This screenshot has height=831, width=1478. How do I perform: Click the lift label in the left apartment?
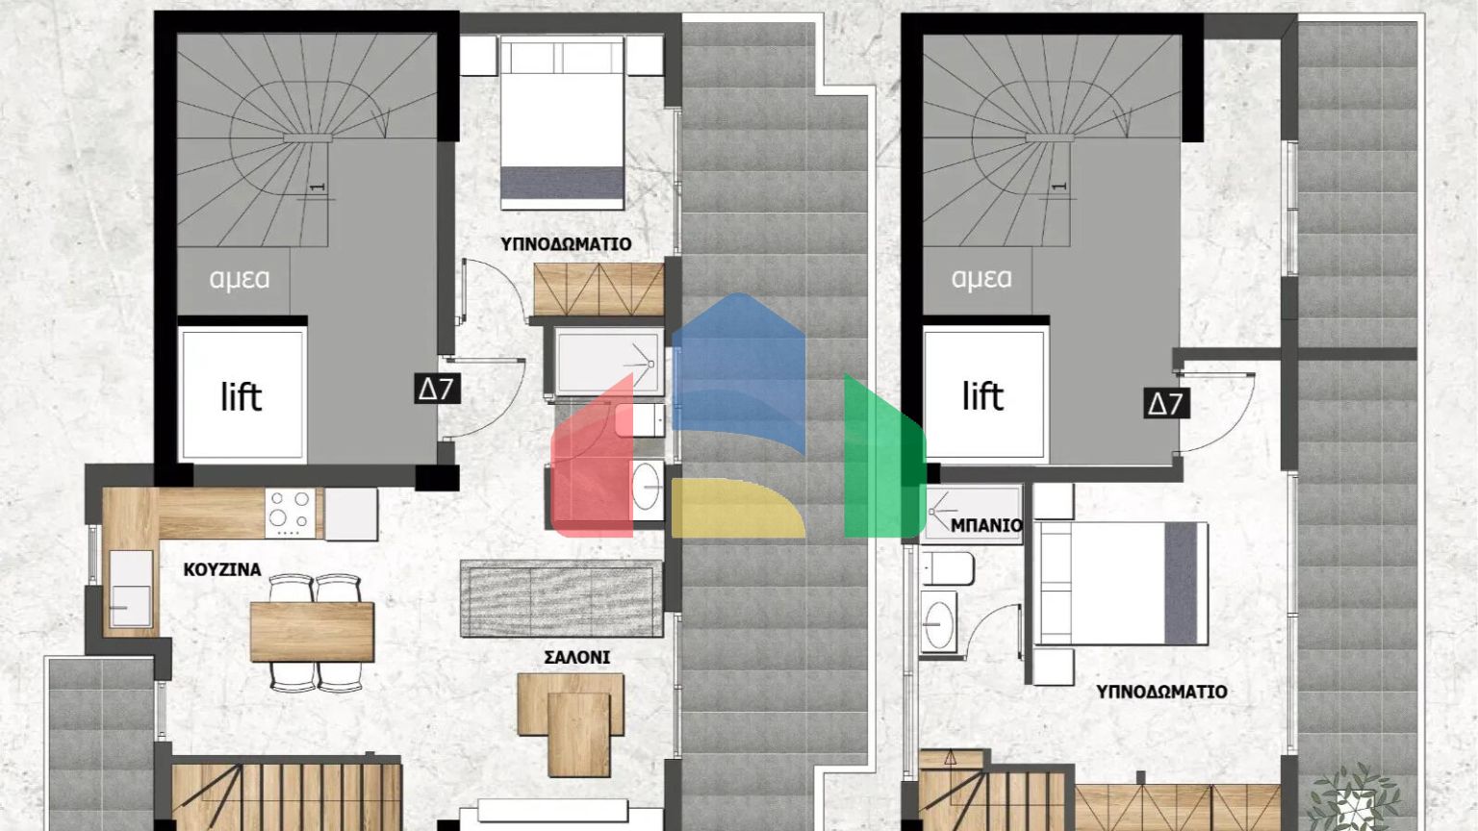pyautogui.click(x=241, y=396)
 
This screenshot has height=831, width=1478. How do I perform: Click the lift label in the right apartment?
pyautogui.click(x=982, y=395)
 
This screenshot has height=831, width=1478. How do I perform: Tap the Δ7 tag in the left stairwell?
pyautogui.click(x=436, y=389)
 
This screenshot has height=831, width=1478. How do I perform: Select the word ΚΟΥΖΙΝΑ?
pyautogui.click(x=222, y=569)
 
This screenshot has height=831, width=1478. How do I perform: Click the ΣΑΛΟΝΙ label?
pyautogui.click(x=576, y=658)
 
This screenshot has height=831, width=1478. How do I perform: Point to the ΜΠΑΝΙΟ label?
pyautogui.click(x=986, y=525)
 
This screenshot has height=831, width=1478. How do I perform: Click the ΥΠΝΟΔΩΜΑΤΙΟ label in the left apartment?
pyautogui.click(x=566, y=244)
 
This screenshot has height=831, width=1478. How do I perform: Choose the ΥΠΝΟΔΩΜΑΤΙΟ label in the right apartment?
pyautogui.click(x=1161, y=692)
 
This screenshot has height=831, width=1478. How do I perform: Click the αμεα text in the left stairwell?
pyautogui.click(x=240, y=279)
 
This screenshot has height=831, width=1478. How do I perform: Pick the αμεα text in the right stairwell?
pyautogui.click(x=981, y=279)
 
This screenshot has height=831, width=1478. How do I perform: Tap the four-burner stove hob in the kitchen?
pyautogui.click(x=292, y=513)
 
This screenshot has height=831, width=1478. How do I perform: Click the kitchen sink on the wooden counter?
pyautogui.click(x=130, y=587)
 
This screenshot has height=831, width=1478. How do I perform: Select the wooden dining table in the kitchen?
pyautogui.click(x=312, y=631)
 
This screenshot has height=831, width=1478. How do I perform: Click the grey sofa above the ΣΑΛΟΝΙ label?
pyautogui.click(x=561, y=598)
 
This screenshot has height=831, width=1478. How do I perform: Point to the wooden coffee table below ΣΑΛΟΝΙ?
pyautogui.click(x=570, y=721)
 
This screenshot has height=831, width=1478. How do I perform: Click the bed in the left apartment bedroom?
pyautogui.click(x=562, y=123)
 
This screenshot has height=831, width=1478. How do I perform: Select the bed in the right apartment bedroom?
pyautogui.click(x=1121, y=584)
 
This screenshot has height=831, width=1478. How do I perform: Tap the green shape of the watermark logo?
pyautogui.click(x=881, y=462)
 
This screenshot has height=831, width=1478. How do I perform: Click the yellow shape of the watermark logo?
pyautogui.click(x=736, y=510)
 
